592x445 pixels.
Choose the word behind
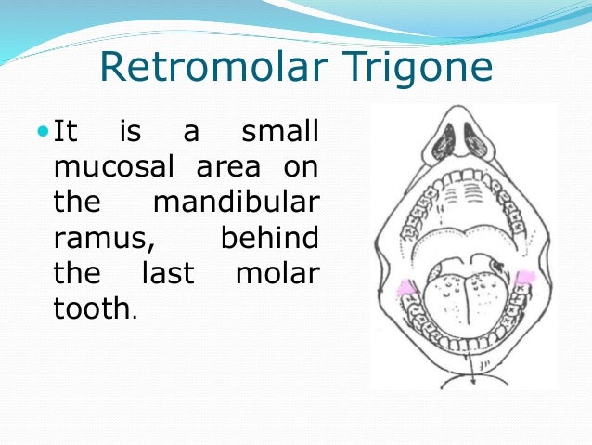tap(271, 239)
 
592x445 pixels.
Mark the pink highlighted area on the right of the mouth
tap(523, 276)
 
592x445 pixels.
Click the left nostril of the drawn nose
tap(445, 137)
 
